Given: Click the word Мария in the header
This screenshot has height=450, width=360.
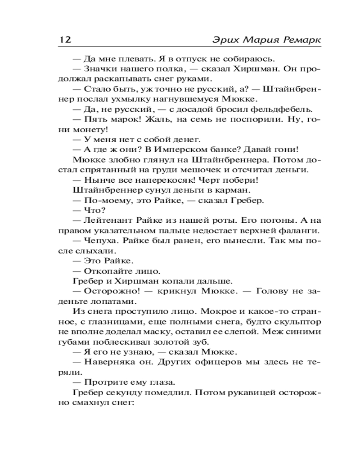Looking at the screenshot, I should tap(255, 40).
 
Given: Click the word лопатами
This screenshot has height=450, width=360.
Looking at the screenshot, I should tap(112, 301).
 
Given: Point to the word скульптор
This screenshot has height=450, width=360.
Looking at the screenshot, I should tap(296, 321).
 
